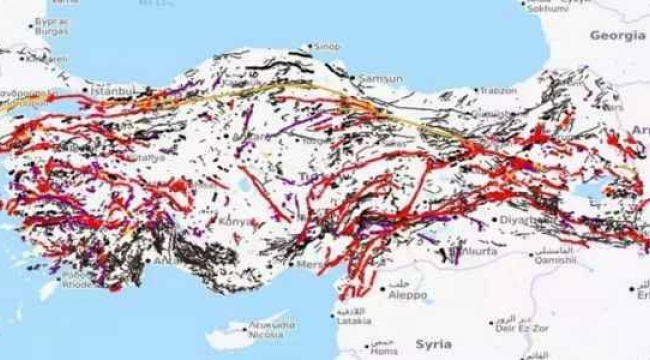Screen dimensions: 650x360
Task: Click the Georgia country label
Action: [x=617, y=35]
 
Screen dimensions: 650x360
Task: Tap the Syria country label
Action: [x=433, y=343]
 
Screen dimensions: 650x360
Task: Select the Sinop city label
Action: [x=327, y=46]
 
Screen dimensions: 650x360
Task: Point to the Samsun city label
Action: [x=382, y=78]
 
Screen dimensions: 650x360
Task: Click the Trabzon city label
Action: [x=498, y=89]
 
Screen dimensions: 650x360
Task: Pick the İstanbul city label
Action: [x=112, y=91]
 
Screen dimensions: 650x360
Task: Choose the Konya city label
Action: [x=237, y=220]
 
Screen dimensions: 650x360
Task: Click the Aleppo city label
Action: [x=408, y=295]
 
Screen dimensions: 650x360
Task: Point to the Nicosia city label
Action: [x=268, y=335]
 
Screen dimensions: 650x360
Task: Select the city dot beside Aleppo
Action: [x=386, y=295]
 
